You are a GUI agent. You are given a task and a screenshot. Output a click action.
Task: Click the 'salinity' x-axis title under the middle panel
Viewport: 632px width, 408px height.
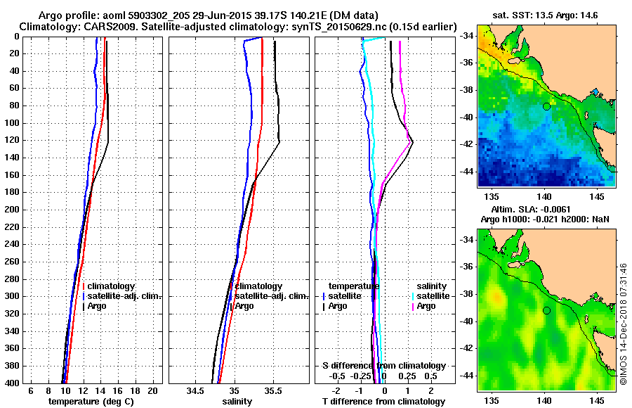point(238,402)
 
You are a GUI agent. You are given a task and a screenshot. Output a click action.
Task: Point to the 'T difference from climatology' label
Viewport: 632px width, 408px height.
point(383,402)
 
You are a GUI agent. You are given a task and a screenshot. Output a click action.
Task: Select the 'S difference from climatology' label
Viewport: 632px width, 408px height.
point(383,366)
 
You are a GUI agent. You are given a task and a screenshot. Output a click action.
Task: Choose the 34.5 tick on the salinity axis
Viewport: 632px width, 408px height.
point(196,390)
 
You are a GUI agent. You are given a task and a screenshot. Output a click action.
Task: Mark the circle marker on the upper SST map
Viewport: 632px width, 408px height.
point(546,106)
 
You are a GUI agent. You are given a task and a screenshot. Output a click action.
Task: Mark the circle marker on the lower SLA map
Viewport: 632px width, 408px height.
point(546,310)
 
